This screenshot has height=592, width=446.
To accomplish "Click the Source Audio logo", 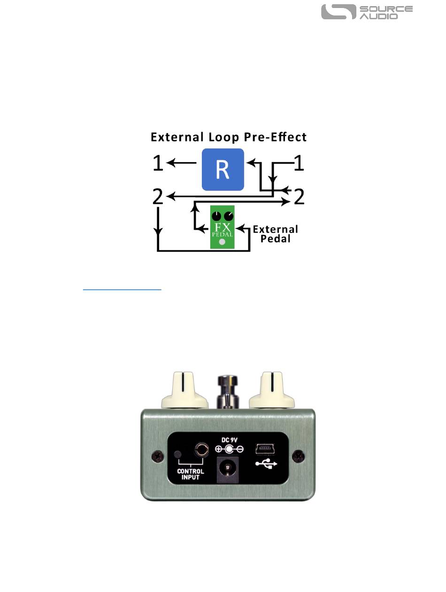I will [x=367, y=12].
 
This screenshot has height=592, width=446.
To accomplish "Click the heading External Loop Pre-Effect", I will [x=229, y=137].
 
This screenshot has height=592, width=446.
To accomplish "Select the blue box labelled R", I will [x=223, y=170].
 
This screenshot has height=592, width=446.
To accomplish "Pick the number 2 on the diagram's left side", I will [x=158, y=196].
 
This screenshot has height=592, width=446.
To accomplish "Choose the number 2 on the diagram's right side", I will [x=299, y=196].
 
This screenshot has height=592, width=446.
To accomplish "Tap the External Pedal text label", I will [x=275, y=234].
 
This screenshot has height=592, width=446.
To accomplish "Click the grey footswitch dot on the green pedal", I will [x=223, y=242].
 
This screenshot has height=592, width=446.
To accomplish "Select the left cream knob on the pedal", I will [x=185, y=390].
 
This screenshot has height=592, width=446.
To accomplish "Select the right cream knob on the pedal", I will [x=272, y=390].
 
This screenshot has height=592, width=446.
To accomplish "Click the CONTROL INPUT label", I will [x=191, y=474].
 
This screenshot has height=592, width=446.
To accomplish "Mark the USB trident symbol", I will [x=266, y=464].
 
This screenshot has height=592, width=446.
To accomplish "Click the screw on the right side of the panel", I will [x=297, y=455].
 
